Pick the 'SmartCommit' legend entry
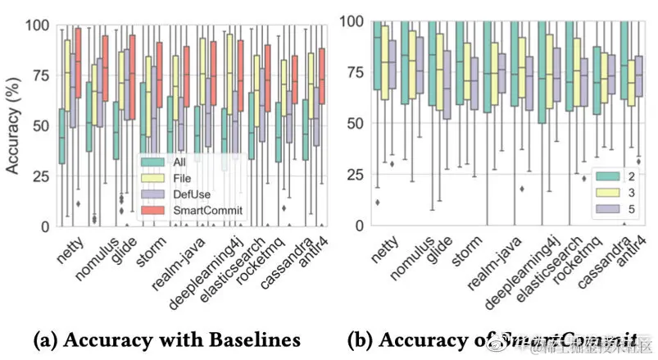199,212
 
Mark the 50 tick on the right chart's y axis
354,124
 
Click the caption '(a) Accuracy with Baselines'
164,339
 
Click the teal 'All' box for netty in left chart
61,136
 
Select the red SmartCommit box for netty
79,62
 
